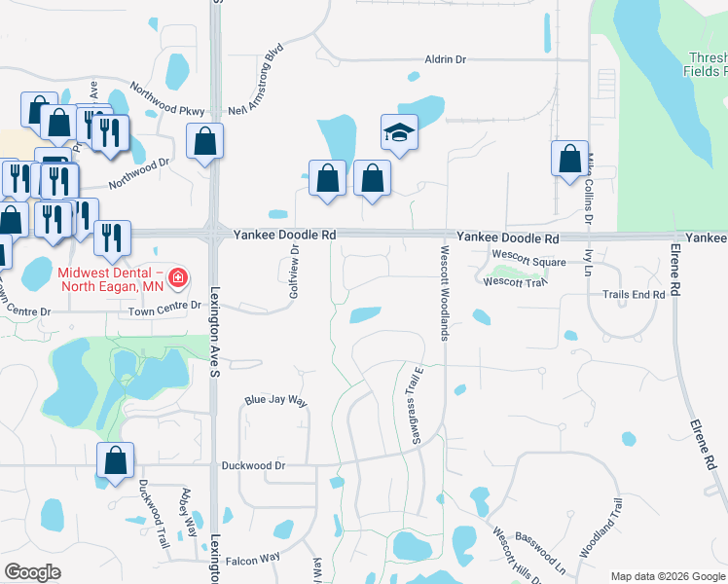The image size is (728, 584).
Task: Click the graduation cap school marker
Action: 399,132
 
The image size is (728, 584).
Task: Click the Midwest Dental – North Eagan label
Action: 107,279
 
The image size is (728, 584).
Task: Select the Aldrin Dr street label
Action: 445,60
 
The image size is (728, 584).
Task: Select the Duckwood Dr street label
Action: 253,466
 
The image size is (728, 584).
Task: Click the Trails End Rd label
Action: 633,294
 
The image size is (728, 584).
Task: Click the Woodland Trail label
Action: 601,528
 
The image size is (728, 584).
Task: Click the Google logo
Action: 32,571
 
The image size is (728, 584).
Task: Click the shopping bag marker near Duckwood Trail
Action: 115,461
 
